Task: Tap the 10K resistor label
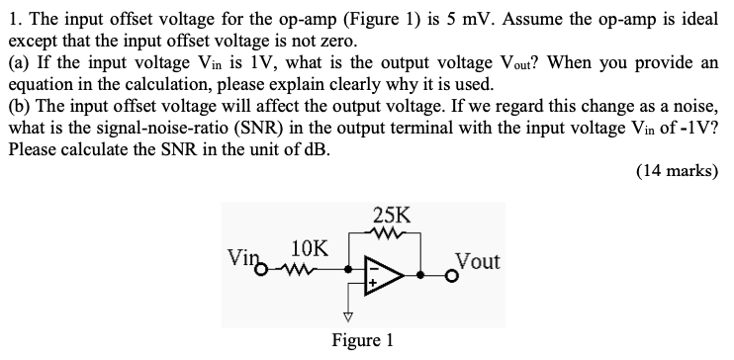tap(312, 245)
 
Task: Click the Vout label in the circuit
tap(478, 261)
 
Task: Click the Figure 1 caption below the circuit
tap(363, 340)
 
